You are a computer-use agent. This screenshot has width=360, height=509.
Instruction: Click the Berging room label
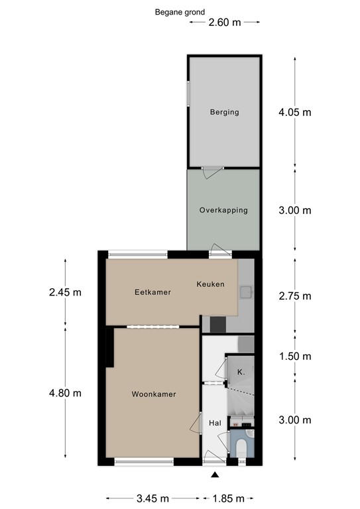223,112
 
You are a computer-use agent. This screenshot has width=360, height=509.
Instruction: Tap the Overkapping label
223,210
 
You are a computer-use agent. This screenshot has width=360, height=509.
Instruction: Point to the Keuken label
210,284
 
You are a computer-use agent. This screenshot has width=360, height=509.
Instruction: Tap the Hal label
215,423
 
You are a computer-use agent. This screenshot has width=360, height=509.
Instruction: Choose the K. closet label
241,372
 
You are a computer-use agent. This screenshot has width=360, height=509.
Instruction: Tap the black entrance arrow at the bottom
214,475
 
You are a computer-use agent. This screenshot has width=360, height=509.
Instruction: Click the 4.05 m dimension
294,112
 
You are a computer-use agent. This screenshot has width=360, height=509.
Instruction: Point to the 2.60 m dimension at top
224,22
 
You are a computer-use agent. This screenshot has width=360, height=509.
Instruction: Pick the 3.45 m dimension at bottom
152,498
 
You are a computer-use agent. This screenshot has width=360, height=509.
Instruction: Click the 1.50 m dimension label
294,357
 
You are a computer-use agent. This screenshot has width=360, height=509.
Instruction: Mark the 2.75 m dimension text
294,296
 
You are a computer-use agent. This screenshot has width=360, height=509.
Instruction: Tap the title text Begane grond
180,11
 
